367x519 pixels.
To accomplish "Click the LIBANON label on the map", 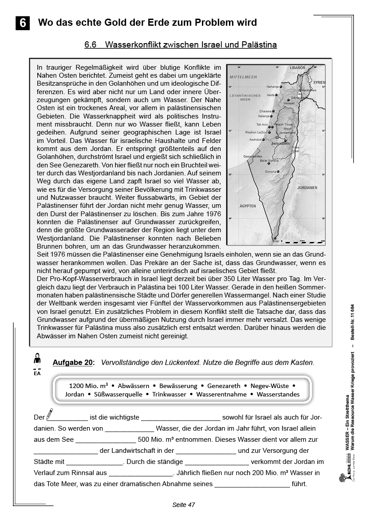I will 297,67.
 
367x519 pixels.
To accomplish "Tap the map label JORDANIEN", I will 307,188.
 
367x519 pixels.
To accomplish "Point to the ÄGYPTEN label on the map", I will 248,206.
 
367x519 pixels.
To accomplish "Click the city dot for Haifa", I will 276,95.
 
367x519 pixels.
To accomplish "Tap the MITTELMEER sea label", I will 243,77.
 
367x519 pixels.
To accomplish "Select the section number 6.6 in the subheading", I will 91,45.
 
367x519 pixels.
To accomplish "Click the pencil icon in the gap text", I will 49,414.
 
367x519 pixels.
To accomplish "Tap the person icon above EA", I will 37,358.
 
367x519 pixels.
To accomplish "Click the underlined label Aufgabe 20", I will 73,362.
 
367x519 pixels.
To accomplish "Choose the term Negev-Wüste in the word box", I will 270,386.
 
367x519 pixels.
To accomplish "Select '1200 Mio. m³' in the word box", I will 89,386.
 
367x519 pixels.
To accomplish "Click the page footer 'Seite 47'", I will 184,505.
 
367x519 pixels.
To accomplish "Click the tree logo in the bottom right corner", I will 342,477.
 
